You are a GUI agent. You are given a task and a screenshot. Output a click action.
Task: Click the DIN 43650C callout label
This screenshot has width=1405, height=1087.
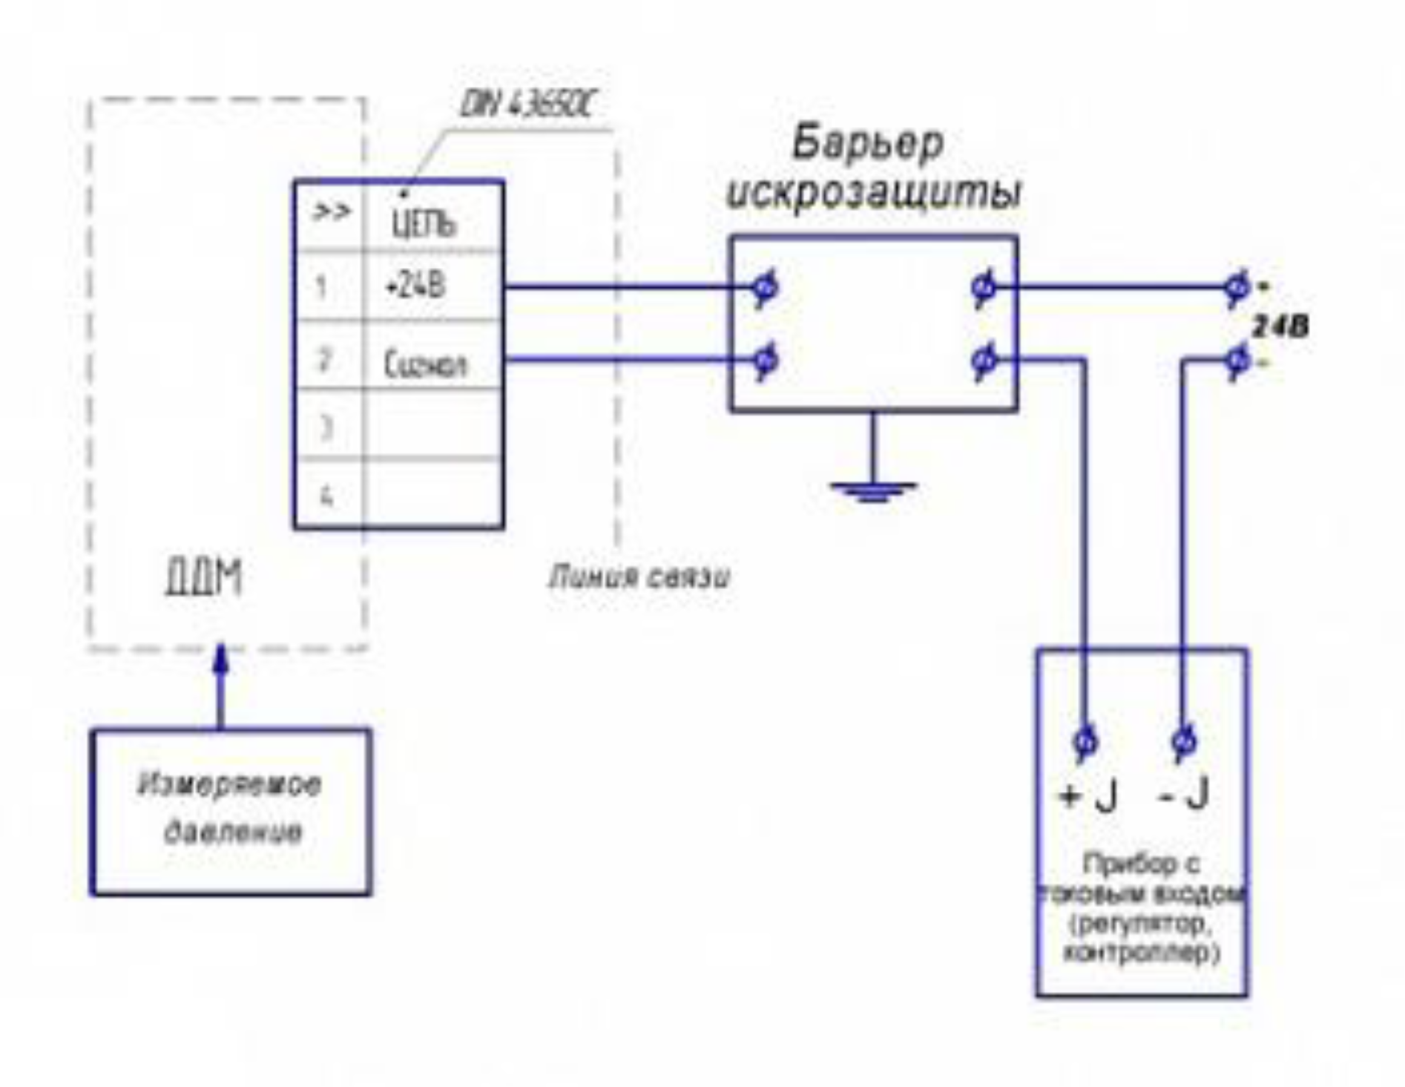click(x=526, y=106)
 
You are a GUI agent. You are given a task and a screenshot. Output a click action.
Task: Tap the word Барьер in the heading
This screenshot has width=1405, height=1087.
click(x=868, y=143)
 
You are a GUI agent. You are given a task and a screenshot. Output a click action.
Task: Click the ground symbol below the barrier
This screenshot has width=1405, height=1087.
click(x=873, y=490)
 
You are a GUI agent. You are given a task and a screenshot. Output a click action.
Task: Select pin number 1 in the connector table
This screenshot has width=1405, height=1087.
click(x=321, y=286)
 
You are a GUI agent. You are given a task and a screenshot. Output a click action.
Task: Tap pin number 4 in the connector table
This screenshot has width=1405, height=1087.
click(x=326, y=496)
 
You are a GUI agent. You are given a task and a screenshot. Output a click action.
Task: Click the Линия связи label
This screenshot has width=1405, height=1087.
click(x=639, y=577)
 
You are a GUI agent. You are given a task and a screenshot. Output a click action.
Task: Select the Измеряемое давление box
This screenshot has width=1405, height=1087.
click(x=231, y=812)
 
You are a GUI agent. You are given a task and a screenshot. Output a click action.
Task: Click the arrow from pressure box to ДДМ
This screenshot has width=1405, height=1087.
click(x=220, y=686)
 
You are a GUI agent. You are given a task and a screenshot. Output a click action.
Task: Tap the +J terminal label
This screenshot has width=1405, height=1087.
click(x=1088, y=796)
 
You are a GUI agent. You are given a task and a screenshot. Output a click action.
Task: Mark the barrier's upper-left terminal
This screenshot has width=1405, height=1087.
click(x=764, y=287)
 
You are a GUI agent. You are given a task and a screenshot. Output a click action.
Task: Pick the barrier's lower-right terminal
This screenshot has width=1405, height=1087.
click(x=984, y=361)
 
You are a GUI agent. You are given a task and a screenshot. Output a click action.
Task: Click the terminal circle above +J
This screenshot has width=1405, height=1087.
click(x=1085, y=741)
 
